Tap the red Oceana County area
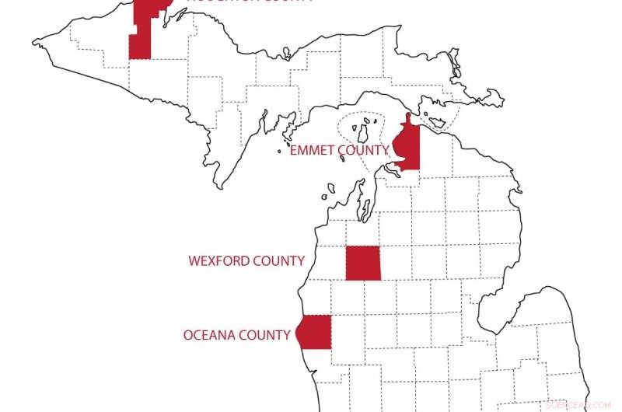click(315, 332)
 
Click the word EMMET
click(311, 151)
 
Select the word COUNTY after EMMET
click(362, 151)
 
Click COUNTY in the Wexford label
click(278, 261)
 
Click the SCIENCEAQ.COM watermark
click(578, 404)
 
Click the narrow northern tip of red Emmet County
click(407, 120)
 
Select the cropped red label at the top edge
click(233, 2)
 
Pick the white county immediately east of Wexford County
click(396, 264)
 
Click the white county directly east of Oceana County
click(348, 332)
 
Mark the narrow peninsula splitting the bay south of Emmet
click(360, 198)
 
